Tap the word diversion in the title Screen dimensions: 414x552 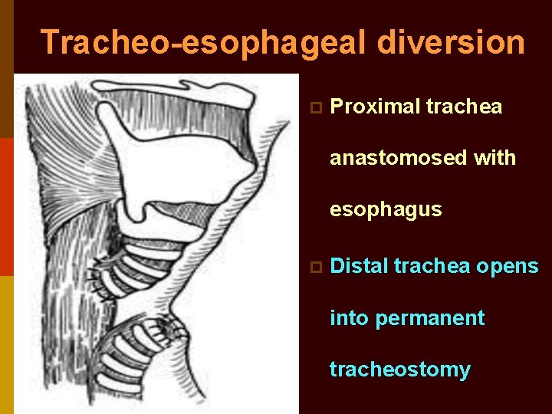(x=452, y=43)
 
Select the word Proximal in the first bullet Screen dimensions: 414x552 (x=368, y=107)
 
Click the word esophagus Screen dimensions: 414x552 (x=386, y=209)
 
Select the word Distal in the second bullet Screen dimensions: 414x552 (x=359, y=266)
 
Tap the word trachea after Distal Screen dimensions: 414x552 (x=432, y=266)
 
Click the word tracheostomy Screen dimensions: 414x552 (x=399, y=370)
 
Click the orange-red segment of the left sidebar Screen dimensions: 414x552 (x=6, y=206)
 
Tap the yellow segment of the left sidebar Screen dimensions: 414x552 (x=6, y=345)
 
